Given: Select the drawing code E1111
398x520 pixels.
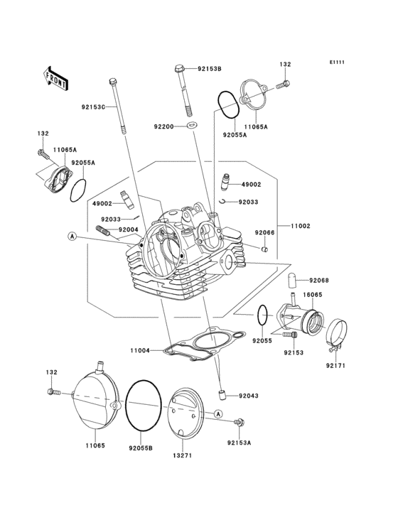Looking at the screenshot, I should click(x=337, y=62).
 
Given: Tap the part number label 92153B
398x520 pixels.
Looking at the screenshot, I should click(x=210, y=69).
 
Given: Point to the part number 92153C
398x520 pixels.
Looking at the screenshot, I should click(x=92, y=107).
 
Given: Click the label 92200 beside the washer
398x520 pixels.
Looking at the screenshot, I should click(x=163, y=126).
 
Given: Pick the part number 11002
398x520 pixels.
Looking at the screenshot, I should click(x=299, y=226).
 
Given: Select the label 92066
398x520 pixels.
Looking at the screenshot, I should click(x=265, y=233).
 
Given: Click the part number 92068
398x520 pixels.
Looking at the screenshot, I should click(x=318, y=280).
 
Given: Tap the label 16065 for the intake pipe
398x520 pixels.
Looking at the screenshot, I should click(x=313, y=293).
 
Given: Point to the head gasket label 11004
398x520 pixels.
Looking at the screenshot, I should click(x=139, y=350).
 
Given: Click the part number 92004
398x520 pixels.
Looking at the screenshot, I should click(x=128, y=229).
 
